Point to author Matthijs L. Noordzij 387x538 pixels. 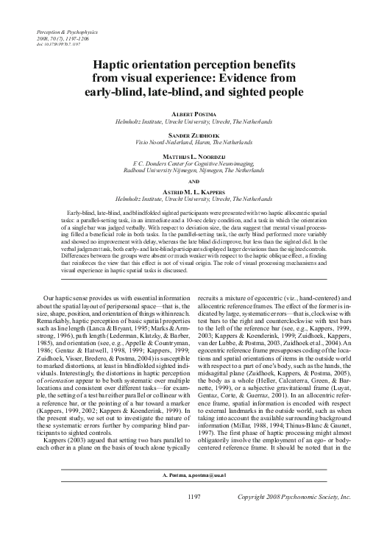(193, 157)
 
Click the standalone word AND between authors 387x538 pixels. (193, 180)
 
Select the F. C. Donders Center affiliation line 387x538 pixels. (193, 163)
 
